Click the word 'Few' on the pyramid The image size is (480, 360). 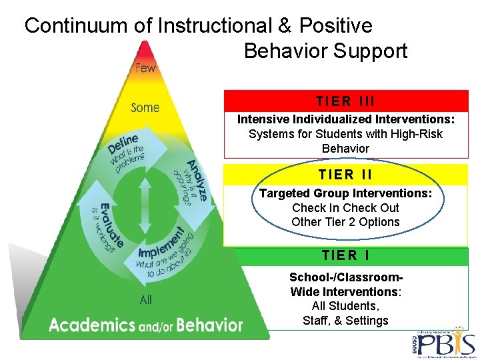tap(145, 67)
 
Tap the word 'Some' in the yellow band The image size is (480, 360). tap(145, 107)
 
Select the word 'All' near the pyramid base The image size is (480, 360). tap(146, 300)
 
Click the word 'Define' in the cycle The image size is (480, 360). tap(123, 143)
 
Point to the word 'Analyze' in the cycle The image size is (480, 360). tap(197, 181)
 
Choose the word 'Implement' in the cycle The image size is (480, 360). tap(162, 243)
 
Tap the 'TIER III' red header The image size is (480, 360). tap(345, 101)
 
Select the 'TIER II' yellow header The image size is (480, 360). tap(345, 175)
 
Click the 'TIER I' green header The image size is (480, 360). tap(345, 256)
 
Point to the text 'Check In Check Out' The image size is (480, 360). tap(345, 207)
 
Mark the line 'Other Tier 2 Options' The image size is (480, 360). tap(345, 222)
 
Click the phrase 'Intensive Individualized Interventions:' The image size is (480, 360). tap(346, 119)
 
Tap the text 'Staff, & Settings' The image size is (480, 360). tap(345, 321)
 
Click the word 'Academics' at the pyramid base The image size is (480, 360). tap(92, 325)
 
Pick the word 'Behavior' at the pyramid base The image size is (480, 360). tap(209, 325)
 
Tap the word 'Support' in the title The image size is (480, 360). tap(371, 51)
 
